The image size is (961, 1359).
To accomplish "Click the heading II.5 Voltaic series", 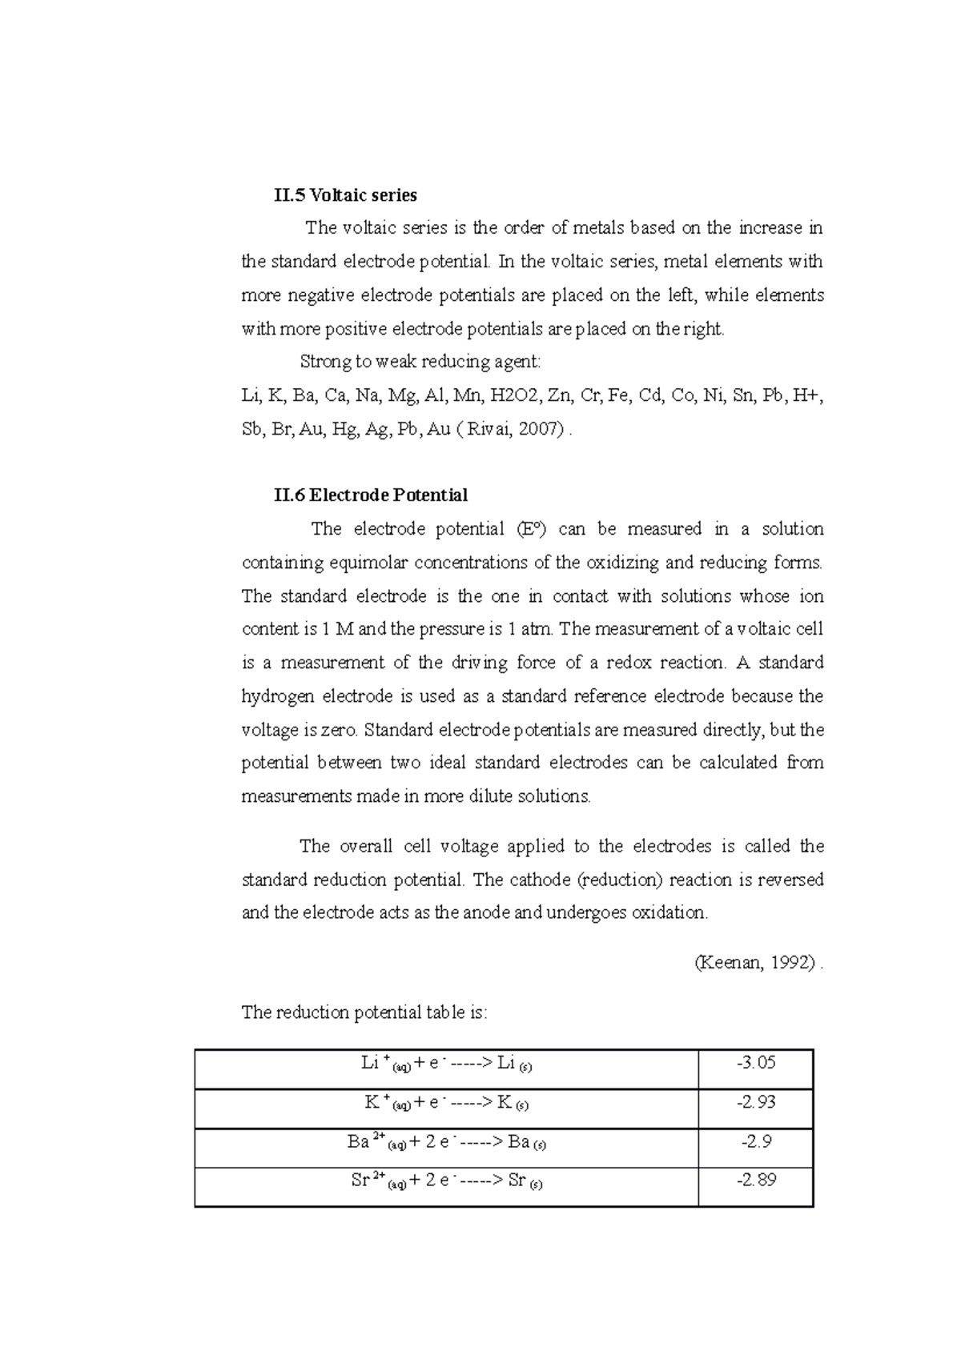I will (x=345, y=194).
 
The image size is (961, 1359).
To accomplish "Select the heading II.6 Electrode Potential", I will (x=371, y=495).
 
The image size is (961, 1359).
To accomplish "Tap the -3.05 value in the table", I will (x=756, y=1062).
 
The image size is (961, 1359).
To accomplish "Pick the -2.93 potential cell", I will (x=756, y=1102).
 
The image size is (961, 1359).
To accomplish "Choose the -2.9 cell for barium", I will (x=756, y=1141).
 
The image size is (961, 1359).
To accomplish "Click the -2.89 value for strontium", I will (x=756, y=1180).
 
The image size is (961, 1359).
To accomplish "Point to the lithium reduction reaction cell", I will (x=447, y=1063).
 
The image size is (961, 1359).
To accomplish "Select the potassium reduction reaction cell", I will (x=447, y=1103).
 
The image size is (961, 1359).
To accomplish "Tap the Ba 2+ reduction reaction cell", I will (x=447, y=1142).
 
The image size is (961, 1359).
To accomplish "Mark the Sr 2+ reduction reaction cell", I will (x=447, y=1181).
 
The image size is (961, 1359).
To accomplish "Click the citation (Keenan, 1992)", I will (x=756, y=963).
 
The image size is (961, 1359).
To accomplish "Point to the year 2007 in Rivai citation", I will (x=536, y=429).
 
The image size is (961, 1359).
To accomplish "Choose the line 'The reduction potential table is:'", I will (x=364, y=1012).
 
